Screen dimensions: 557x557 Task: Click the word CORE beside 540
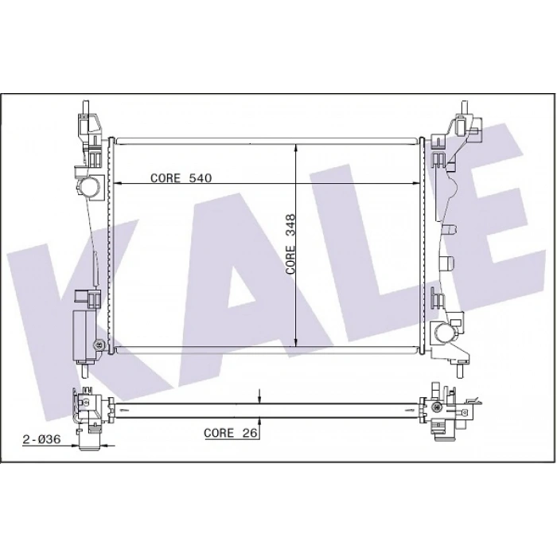(166, 178)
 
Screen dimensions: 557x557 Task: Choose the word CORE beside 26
(219, 433)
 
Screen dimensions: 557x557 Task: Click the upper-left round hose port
(88, 188)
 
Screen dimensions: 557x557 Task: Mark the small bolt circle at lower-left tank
(97, 344)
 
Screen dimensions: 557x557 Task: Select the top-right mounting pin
(462, 106)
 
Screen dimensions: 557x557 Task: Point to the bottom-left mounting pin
(84, 369)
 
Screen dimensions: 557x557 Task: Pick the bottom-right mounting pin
(462, 369)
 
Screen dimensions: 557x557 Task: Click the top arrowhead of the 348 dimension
(297, 149)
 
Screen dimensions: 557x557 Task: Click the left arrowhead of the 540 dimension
(120, 184)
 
